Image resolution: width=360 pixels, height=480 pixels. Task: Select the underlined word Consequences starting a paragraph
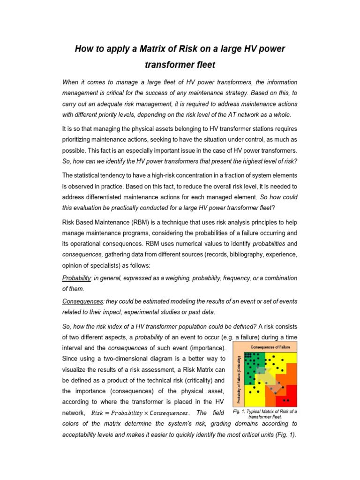82,301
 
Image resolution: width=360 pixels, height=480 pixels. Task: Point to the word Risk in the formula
98,413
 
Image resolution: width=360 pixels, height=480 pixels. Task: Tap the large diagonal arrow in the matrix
267,380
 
